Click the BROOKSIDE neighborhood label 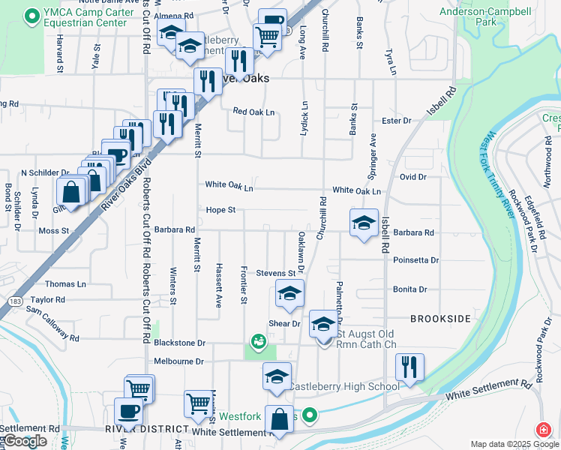point(440,319)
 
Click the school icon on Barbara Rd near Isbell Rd point(364,223)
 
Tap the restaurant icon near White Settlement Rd point(409,367)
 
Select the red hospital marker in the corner point(541,430)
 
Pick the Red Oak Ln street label point(253,112)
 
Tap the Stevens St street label point(275,274)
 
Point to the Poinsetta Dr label point(415,260)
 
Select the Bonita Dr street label point(409,289)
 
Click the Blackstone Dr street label point(179,343)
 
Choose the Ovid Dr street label point(412,177)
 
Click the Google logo point(25,441)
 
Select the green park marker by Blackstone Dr point(259,343)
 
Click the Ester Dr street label point(397,121)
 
